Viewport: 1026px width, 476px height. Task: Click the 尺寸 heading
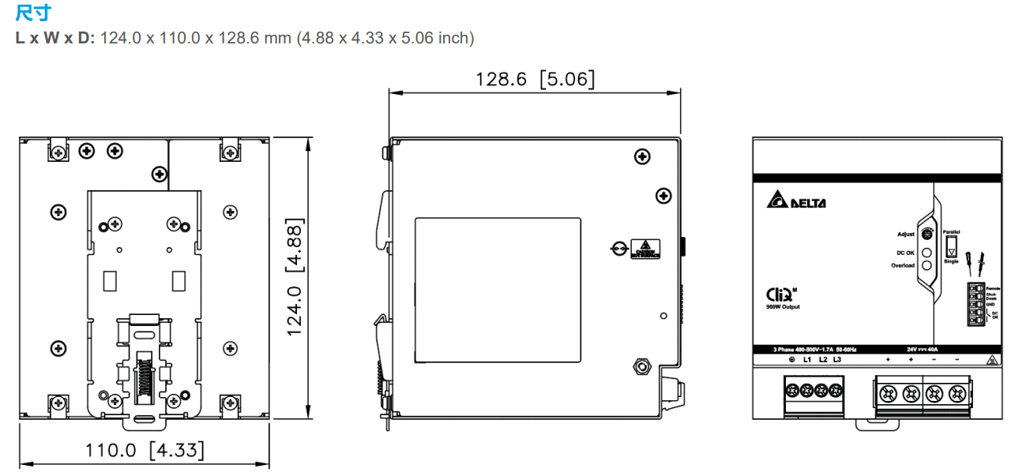(x=32, y=13)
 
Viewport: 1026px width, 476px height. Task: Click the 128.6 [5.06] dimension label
(x=535, y=79)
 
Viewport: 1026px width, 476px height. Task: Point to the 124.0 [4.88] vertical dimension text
(x=295, y=276)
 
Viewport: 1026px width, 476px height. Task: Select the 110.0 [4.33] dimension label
(x=145, y=450)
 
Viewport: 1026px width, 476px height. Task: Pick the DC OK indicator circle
(x=927, y=253)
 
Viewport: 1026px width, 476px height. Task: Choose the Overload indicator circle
(x=927, y=265)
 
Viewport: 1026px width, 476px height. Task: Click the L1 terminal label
(x=807, y=360)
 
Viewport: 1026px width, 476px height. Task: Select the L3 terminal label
(x=837, y=360)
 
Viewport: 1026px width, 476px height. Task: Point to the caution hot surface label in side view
(x=646, y=249)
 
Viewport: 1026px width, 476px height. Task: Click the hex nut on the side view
(x=641, y=366)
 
